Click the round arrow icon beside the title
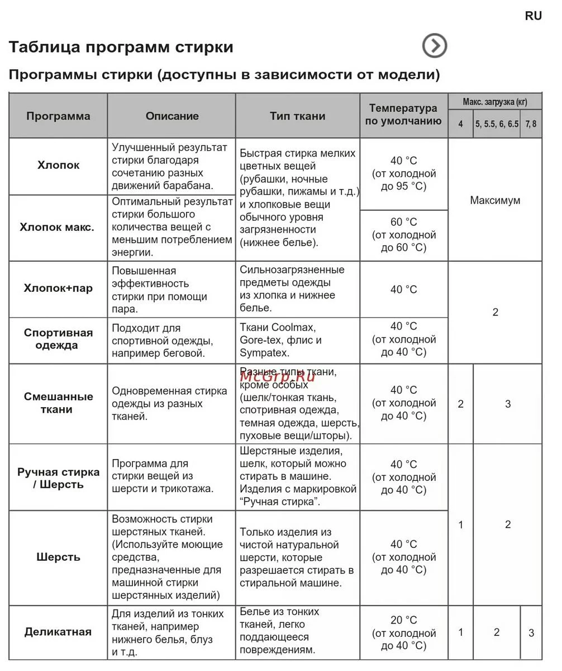[434, 46]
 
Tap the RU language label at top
[533, 16]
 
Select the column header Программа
[58, 116]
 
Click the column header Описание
[172, 116]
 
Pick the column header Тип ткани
[297, 116]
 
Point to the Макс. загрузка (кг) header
[495, 102]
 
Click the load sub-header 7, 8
[531, 124]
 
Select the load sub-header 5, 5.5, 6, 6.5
[497, 124]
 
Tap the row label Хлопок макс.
[57, 227]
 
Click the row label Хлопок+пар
[58, 289]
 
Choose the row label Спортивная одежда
[58, 339]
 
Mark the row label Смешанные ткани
[58, 403]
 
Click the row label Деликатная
[58, 632]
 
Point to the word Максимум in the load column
[495, 200]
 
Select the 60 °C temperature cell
[404, 234]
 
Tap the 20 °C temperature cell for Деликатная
[404, 632]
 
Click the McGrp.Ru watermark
[277, 376]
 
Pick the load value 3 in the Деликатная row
[531, 633]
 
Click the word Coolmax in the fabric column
[293, 327]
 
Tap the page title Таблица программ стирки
[121, 47]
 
